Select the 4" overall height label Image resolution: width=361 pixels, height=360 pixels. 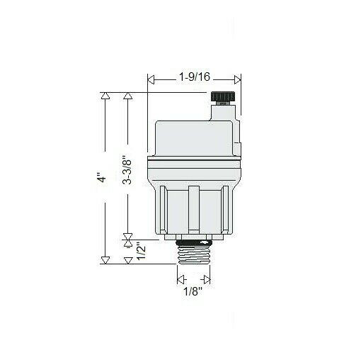[103, 179]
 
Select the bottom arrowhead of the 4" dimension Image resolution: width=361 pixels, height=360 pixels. [105, 259]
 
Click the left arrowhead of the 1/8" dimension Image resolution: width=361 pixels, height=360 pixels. [180, 279]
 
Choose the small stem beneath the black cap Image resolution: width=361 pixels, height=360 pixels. [222, 109]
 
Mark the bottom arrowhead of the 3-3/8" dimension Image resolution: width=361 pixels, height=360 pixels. [128, 237]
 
